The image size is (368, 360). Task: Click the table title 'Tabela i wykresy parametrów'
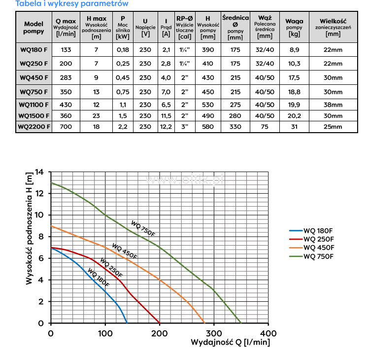(65, 4)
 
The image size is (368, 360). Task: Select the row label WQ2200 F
(33, 127)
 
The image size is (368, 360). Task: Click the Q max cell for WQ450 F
(66, 77)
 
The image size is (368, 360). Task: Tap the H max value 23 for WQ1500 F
(97, 115)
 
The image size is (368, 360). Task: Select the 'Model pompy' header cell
(33, 28)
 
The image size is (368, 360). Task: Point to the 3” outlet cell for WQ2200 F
(185, 127)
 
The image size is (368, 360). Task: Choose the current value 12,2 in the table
(166, 127)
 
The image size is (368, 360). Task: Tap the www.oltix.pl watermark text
(184, 180)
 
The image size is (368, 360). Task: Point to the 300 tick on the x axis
(214, 333)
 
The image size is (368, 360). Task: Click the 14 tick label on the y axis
(39, 172)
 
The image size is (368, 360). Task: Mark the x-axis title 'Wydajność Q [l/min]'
(230, 342)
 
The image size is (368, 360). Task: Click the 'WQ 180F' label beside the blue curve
(99, 277)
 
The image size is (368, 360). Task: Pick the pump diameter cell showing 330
(235, 127)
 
